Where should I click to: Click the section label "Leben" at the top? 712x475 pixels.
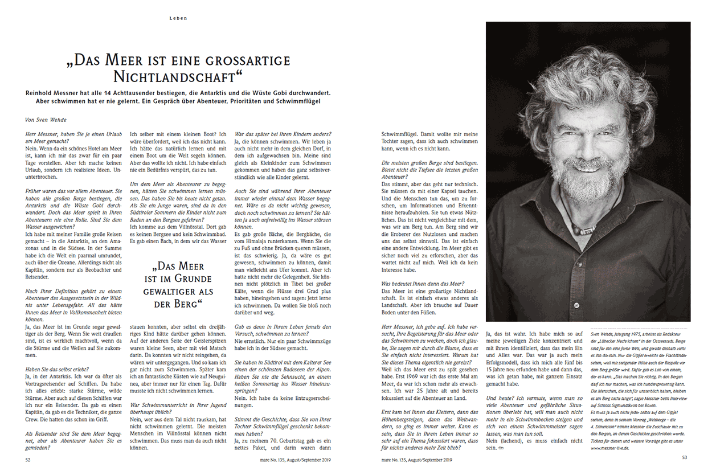(x=178, y=18)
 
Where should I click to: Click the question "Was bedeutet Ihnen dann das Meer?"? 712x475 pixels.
(x=423, y=283)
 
